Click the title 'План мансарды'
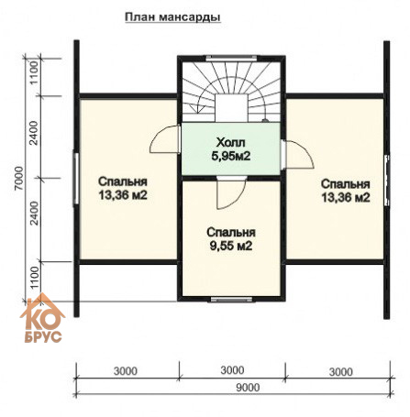point(172,17)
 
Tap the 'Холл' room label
point(231,142)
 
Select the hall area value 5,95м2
point(231,156)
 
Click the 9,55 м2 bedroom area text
point(231,246)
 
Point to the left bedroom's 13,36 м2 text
point(123,195)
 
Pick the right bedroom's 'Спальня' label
point(346,184)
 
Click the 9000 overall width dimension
point(248,388)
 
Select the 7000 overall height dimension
point(19,178)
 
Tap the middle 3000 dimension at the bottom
point(232,370)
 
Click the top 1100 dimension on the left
point(35,72)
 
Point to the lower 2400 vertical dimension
point(35,213)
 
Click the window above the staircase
point(231,58)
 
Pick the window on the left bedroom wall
point(76,179)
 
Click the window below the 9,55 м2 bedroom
point(231,299)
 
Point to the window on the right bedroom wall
point(387,180)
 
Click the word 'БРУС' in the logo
point(43,337)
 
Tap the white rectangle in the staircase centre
point(231,108)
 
